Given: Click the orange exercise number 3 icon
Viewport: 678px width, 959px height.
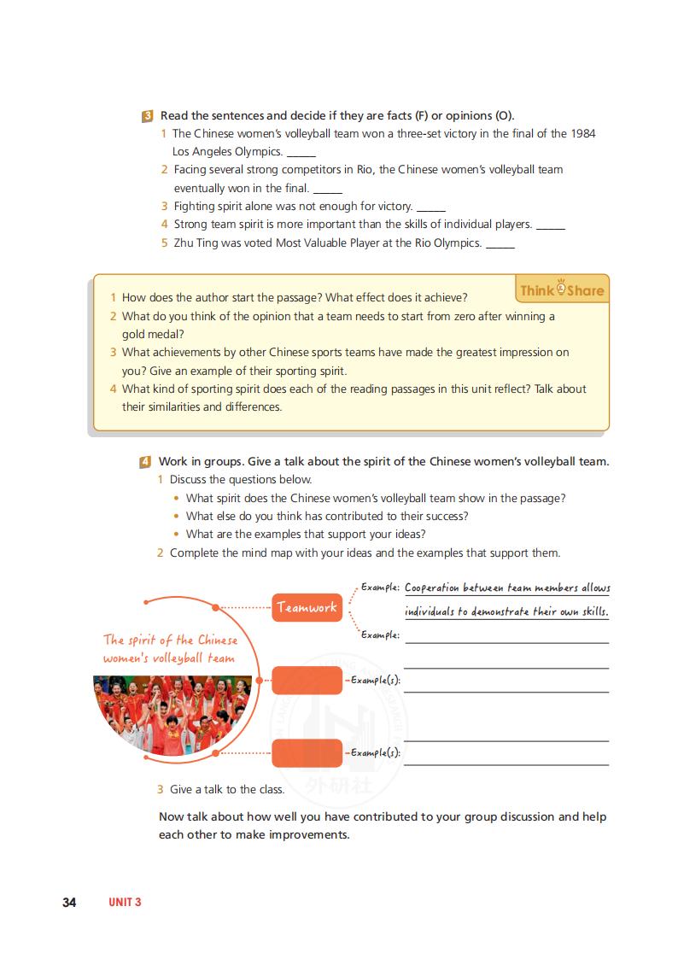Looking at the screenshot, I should [x=148, y=116].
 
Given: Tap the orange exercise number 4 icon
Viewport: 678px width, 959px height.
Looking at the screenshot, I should [x=147, y=462].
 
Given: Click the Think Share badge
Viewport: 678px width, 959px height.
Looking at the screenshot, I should [x=562, y=289].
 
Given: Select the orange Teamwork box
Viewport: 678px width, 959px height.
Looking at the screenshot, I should [x=307, y=608].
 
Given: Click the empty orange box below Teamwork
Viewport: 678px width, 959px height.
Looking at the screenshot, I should [x=307, y=681].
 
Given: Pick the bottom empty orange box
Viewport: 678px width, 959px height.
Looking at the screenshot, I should [x=307, y=753].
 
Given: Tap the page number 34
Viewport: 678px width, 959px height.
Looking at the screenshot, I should [x=70, y=903].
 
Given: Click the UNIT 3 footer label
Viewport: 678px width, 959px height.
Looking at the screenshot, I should [x=125, y=903].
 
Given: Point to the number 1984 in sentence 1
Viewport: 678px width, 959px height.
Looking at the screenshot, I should [x=582, y=133].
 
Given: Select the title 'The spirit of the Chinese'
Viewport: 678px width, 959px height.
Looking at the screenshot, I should [x=171, y=640].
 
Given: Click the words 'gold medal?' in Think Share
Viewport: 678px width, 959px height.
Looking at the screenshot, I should [x=153, y=334].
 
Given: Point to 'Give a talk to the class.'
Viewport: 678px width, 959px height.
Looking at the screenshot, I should [x=227, y=789].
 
